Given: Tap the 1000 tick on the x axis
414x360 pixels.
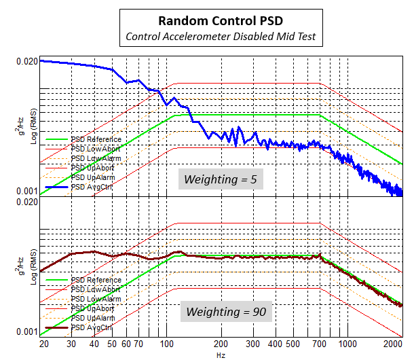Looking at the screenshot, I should (x=347, y=344).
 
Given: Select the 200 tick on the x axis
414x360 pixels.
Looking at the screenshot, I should (x=221, y=344).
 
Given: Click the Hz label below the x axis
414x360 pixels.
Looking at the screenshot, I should (x=221, y=355).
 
